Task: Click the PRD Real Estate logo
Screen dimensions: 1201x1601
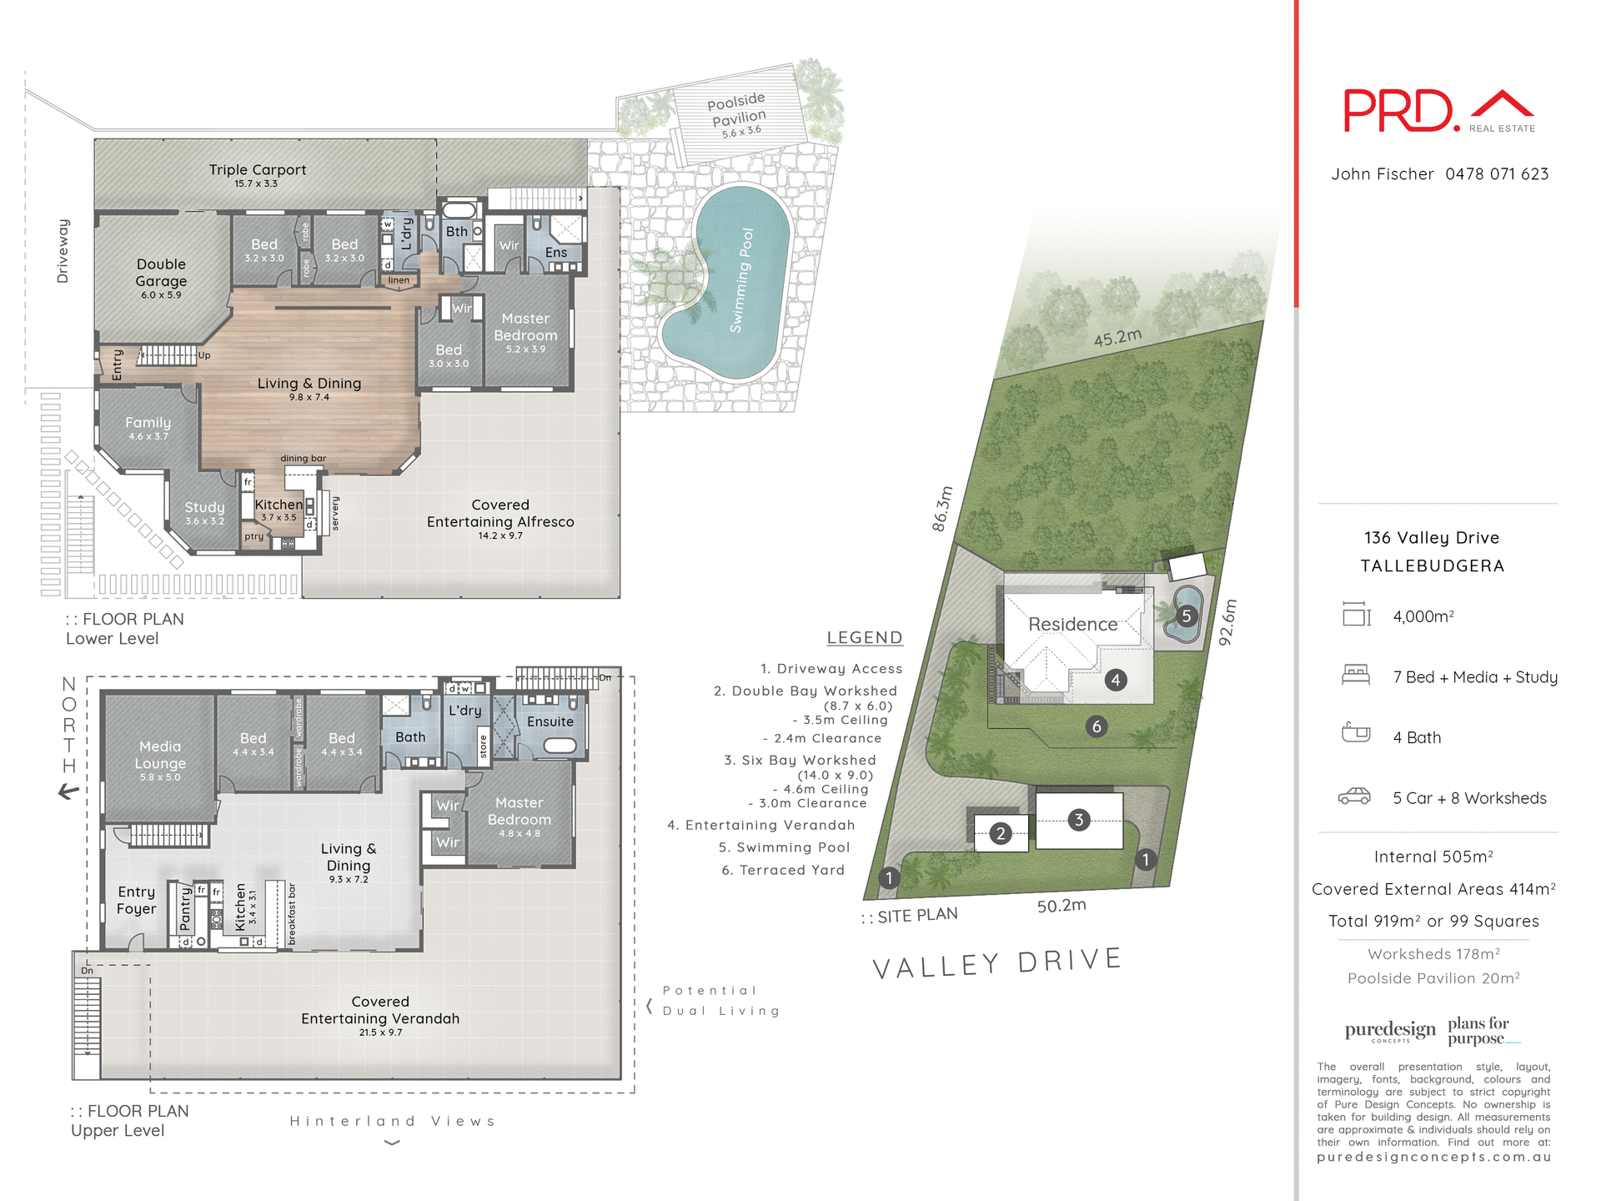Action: (x=1438, y=111)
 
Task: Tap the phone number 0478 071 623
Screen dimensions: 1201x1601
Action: (x=1497, y=174)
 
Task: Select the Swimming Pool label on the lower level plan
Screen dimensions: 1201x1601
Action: (x=741, y=280)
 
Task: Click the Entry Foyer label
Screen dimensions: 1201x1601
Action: (x=136, y=900)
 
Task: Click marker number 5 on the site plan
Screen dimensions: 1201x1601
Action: (x=1187, y=616)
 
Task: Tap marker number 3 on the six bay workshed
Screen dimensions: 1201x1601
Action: (x=1079, y=820)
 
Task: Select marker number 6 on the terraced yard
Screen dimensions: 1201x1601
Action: (x=1097, y=726)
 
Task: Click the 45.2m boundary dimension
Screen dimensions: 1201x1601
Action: (x=1117, y=338)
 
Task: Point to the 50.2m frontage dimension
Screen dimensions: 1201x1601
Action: (x=1061, y=906)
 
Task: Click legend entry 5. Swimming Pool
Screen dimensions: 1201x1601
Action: (x=784, y=847)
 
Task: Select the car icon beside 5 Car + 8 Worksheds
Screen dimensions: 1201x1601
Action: (x=1354, y=796)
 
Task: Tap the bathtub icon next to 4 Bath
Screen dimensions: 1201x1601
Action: (x=1356, y=733)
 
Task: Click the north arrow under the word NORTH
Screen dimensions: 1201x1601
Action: (x=69, y=792)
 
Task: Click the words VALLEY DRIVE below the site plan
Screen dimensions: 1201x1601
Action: (x=996, y=962)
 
